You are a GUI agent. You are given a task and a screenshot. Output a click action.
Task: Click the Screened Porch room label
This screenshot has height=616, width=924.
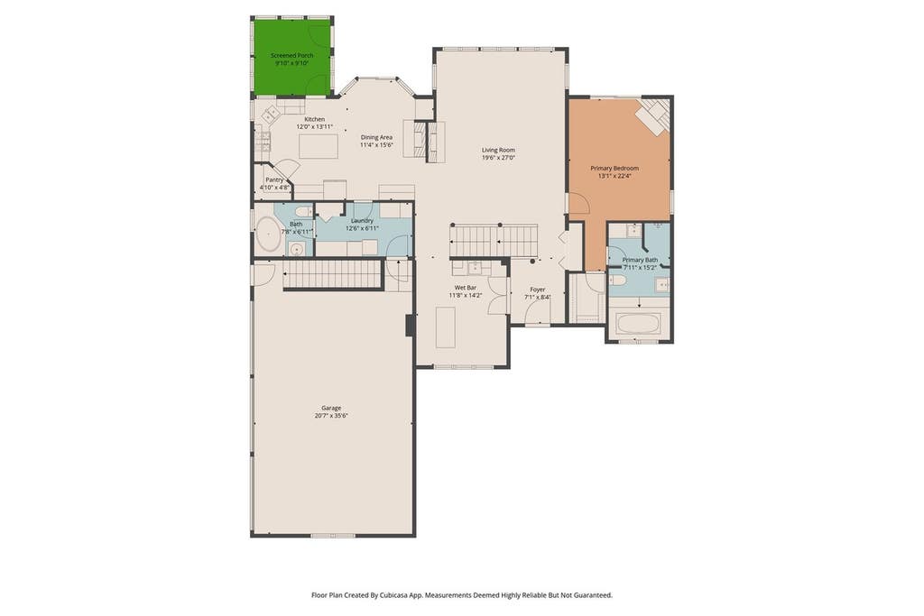click(x=291, y=55)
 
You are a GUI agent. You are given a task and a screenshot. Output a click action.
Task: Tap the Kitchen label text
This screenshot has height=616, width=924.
click(x=315, y=119)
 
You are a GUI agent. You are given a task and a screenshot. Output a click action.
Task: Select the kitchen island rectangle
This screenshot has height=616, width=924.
click(x=319, y=146)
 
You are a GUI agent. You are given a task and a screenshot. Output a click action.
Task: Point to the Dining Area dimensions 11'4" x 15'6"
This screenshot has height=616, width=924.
click(x=376, y=145)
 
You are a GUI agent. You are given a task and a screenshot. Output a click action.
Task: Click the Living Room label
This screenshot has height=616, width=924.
click(x=498, y=151)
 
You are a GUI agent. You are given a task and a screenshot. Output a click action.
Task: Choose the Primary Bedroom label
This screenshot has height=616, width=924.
click(x=614, y=169)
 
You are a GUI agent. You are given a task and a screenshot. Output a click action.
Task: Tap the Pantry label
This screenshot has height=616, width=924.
click(x=274, y=180)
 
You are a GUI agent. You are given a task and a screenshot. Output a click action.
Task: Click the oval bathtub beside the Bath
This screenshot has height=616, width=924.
click(x=268, y=234)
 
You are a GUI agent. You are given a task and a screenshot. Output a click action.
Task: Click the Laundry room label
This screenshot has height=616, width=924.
click(x=362, y=221)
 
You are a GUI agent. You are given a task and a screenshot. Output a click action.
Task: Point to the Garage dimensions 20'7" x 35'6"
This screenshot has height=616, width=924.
click(x=331, y=415)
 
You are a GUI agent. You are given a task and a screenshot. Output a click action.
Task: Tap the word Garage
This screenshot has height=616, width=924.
click(x=331, y=408)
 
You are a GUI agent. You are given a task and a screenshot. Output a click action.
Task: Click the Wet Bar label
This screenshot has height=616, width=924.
click(x=466, y=288)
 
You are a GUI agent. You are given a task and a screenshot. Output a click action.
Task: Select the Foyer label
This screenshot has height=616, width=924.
click(x=538, y=290)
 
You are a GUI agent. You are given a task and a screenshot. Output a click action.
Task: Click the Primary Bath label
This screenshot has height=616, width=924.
click(x=640, y=260)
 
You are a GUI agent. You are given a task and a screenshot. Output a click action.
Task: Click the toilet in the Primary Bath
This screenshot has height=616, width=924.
click(x=617, y=280)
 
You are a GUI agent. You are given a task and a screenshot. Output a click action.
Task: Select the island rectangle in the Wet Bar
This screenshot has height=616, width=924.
click(x=446, y=327)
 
